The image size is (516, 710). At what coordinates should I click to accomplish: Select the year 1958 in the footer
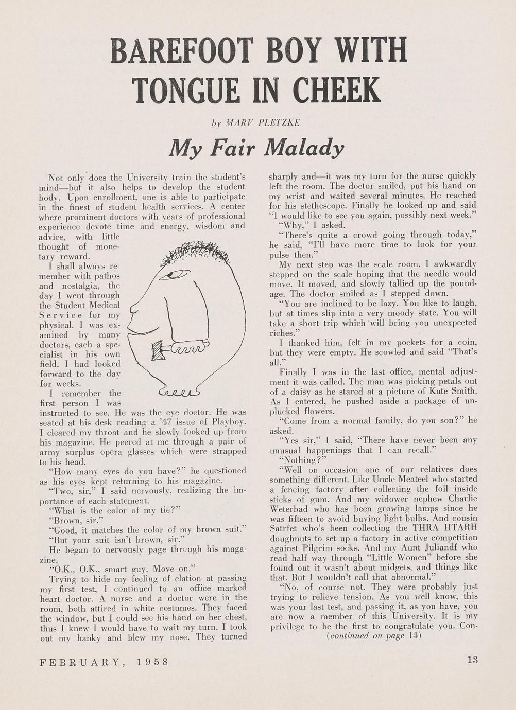(x=152, y=661)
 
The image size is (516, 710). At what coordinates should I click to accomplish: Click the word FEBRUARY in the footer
(x=82, y=661)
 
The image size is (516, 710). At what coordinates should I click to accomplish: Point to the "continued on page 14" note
(x=374, y=635)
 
